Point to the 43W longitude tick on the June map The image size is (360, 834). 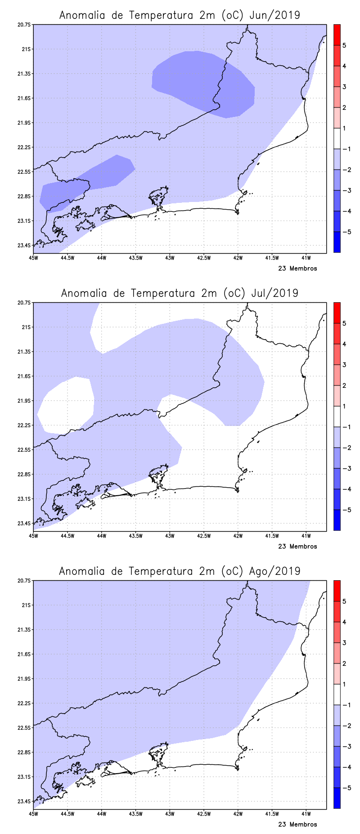click(170, 258)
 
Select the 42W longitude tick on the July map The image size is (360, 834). click(238, 536)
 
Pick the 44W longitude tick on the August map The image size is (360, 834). click(101, 814)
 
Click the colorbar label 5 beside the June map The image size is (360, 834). click(344, 45)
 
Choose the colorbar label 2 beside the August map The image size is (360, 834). click(344, 664)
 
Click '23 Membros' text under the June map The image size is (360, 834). click(297, 269)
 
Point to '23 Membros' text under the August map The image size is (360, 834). click(297, 825)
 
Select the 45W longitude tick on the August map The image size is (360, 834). click(33, 814)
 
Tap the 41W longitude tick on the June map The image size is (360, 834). click(306, 258)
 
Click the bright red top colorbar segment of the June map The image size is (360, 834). click(337, 35)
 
